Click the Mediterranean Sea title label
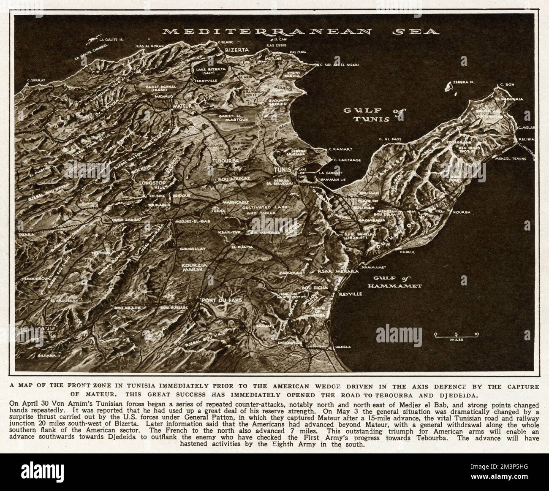coord(301,31)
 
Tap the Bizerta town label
coord(230,50)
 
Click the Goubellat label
coord(192,249)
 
